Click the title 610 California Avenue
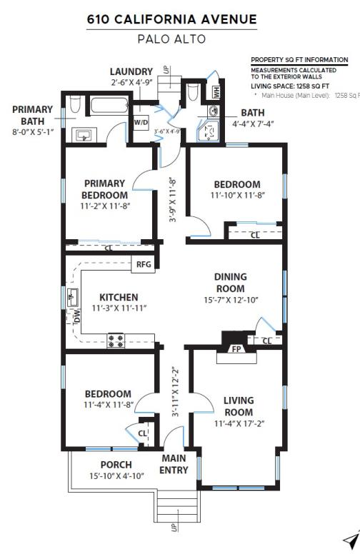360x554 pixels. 171,20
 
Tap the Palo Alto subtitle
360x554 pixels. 171,39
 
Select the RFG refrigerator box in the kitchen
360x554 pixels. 143,264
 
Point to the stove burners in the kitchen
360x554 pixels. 116,340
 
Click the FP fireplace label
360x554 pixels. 236,349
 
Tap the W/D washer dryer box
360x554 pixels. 141,122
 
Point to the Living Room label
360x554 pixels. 238,406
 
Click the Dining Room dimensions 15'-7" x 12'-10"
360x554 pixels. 230,300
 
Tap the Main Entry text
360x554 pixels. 174,464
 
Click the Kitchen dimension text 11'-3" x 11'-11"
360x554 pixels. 119,308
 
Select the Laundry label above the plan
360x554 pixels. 131,71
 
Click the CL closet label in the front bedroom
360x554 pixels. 142,433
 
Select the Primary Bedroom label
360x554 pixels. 104,188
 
